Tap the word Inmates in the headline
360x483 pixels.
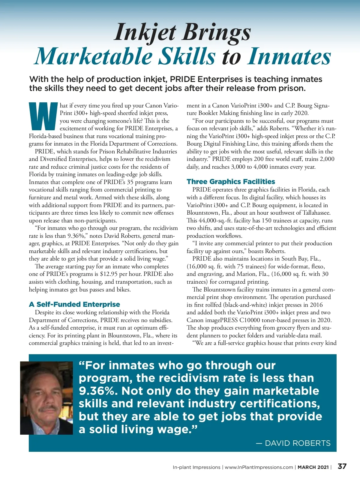click(289, 56)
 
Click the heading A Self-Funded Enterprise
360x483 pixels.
click(74, 304)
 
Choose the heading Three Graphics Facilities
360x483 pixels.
click(231, 182)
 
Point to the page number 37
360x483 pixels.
click(342, 466)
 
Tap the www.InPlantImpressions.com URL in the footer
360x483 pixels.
click(259, 467)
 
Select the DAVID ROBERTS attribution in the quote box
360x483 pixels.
click(298, 443)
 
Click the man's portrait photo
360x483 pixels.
click(46, 398)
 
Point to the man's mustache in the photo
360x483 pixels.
click(48, 409)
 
